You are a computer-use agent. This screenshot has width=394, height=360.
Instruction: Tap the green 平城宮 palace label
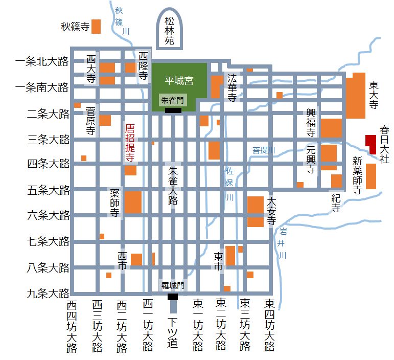coord(179,81)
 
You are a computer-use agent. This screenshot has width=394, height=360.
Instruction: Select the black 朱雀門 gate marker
coord(173,110)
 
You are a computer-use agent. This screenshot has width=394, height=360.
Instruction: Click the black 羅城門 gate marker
coord(173,297)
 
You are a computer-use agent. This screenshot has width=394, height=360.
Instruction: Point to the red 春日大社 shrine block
coord(371,144)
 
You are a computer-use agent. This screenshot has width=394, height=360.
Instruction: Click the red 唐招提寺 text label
coord(130,143)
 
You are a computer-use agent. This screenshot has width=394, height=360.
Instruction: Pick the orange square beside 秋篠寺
coord(96,26)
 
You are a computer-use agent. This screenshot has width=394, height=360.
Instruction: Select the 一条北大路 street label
coord(42,62)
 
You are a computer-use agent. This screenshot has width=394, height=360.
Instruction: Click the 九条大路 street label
coord(48,294)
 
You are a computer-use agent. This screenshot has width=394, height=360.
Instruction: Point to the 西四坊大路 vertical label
coord(72,326)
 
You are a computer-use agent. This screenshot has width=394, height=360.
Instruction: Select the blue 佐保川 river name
coord(229,183)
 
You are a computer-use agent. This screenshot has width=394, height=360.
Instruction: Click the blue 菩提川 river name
coord(264,150)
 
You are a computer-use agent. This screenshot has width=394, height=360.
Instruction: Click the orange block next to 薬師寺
coord(133,202)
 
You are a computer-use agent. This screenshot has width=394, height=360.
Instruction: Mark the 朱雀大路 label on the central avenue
coord(173,185)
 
